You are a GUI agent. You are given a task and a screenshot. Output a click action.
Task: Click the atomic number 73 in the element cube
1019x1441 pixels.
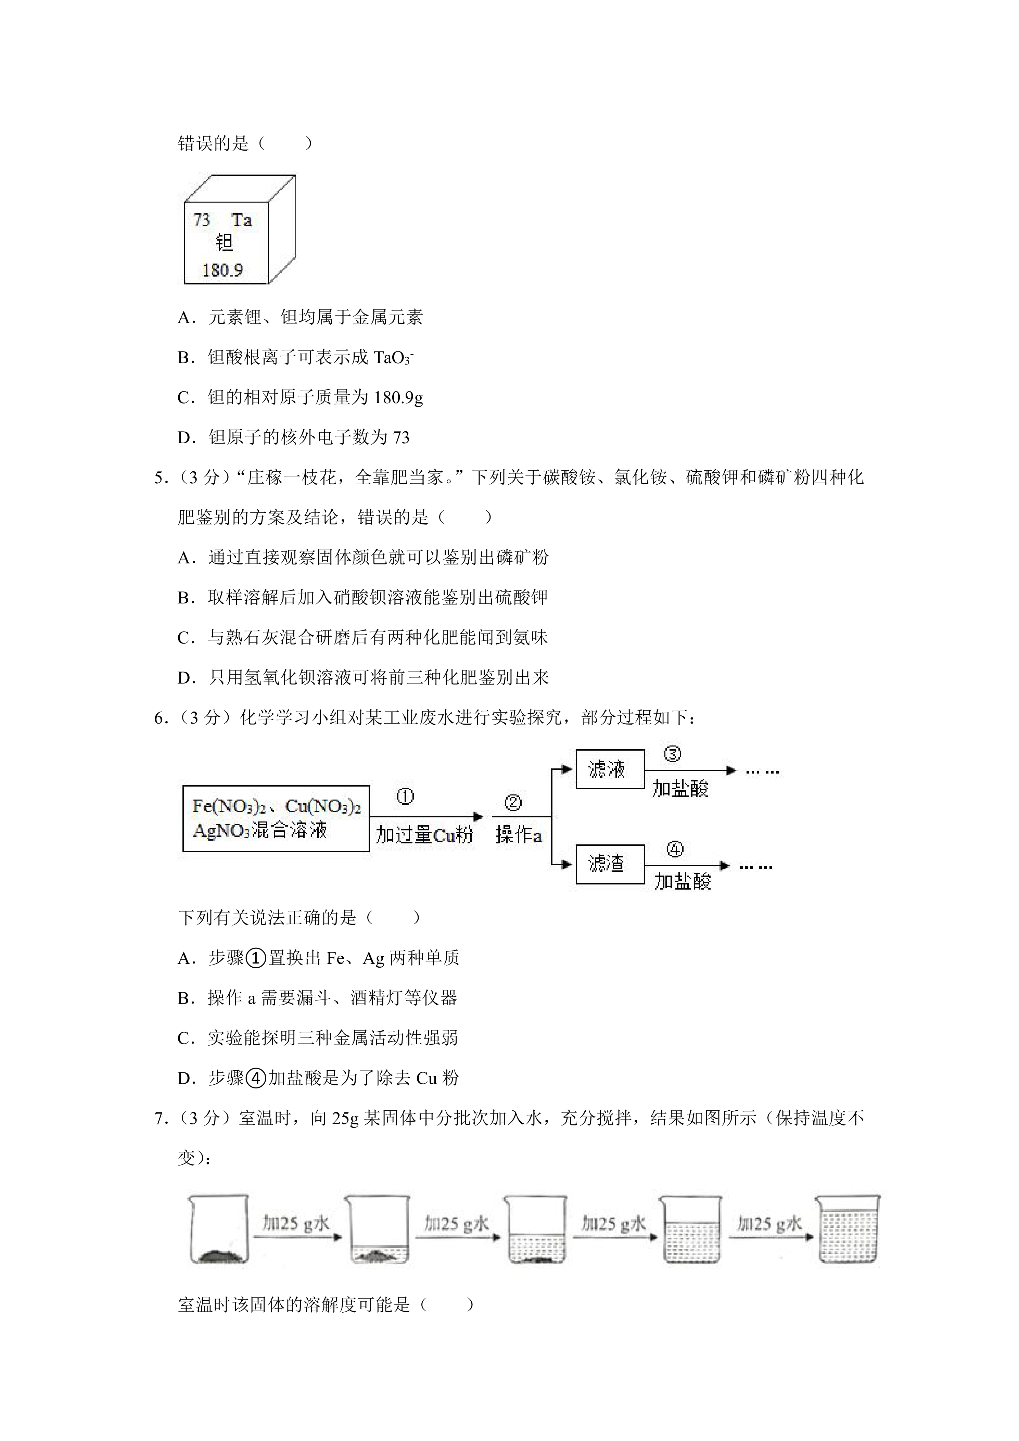coord(201,220)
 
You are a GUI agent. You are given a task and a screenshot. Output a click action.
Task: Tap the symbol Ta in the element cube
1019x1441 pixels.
coord(242,220)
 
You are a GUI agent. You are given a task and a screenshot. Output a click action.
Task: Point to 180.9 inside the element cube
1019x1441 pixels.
coord(222,270)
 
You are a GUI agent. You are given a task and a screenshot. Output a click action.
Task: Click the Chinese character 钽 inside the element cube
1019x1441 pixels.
coord(224,243)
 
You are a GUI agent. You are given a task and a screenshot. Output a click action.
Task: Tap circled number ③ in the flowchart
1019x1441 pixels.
coord(672,754)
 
